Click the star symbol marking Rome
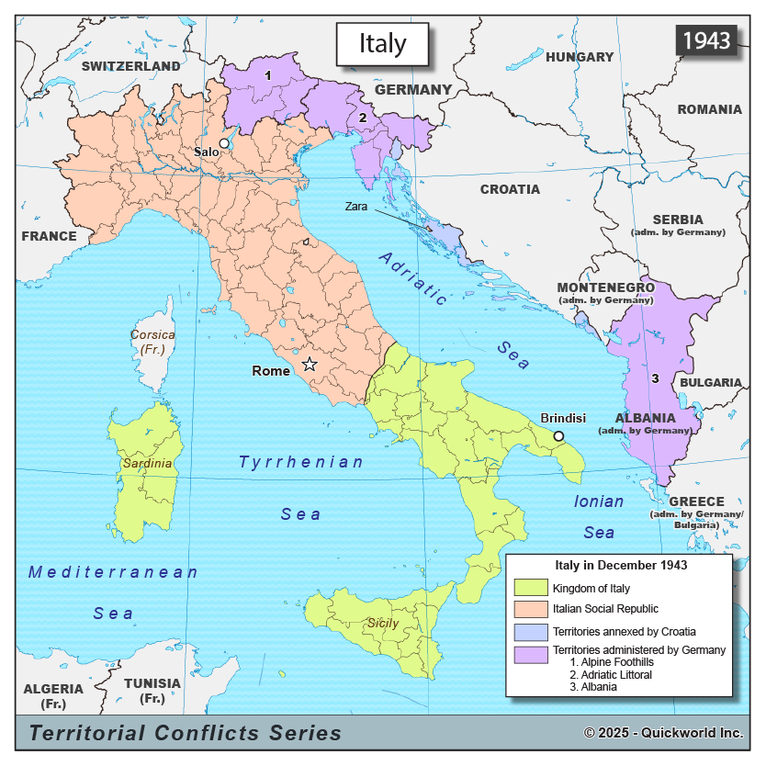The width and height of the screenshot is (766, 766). (310, 365)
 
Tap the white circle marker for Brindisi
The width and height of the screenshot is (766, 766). (558, 436)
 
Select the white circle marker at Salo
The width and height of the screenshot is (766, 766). (223, 144)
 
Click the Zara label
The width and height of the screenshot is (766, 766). (356, 207)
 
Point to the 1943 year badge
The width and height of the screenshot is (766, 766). (706, 40)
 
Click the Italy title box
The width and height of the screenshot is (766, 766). (382, 44)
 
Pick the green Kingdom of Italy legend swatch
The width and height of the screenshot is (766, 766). (530, 588)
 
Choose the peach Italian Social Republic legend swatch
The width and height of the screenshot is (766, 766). (530, 609)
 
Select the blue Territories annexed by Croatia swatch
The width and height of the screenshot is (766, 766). (530, 632)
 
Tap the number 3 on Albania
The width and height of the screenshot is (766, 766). (654, 377)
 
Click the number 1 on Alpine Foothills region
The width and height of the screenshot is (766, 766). (267, 75)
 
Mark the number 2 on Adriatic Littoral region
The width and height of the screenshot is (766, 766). (363, 118)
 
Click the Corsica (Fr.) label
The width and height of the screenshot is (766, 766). (152, 343)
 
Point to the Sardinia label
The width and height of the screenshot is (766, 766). (146, 464)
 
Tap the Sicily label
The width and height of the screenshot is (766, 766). (383, 623)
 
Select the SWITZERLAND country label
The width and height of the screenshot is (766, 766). (130, 66)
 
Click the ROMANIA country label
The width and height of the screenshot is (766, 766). (709, 109)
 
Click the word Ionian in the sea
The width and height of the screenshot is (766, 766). (599, 501)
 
